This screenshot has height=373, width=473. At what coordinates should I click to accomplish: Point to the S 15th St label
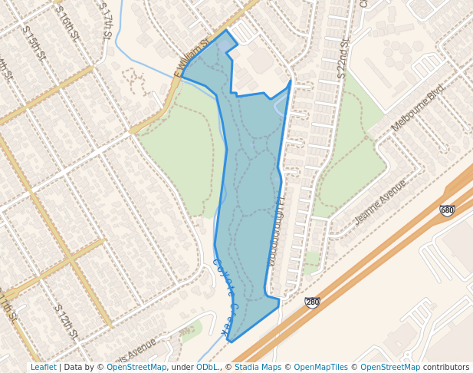[x=34, y=46]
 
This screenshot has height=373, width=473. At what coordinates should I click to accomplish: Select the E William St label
[x=191, y=58]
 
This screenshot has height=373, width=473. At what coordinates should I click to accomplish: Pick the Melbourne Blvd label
[x=417, y=107]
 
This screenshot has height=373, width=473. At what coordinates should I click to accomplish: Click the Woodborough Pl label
[x=277, y=229]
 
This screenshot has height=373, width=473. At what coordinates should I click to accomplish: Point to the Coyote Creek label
[x=223, y=298]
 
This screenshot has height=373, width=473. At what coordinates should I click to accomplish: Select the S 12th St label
[x=66, y=321]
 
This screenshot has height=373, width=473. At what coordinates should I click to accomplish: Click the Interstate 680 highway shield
[x=447, y=210]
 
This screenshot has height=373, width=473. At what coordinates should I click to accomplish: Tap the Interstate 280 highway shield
[x=312, y=302]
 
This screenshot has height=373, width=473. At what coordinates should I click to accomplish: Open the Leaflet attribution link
[x=43, y=367]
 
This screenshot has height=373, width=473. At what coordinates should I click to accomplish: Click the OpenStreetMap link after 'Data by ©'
[x=136, y=367]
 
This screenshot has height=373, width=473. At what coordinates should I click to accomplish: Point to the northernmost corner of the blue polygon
[x=225, y=30]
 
